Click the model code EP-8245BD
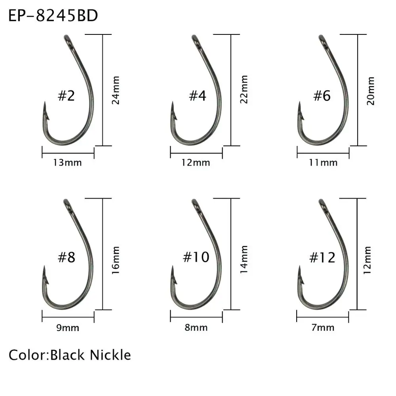click(53, 16)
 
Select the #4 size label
click(197, 95)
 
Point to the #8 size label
click(66, 257)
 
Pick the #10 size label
click(196, 257)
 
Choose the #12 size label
click(322, 257)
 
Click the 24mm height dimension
click(116, 90)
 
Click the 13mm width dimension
click(67, 162)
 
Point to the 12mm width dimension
click(196, 162)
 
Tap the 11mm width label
click(323, 162)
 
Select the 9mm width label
click(68, 327)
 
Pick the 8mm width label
click(196, 327)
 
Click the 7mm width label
click(323, 327)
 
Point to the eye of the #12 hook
click(322, 203)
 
